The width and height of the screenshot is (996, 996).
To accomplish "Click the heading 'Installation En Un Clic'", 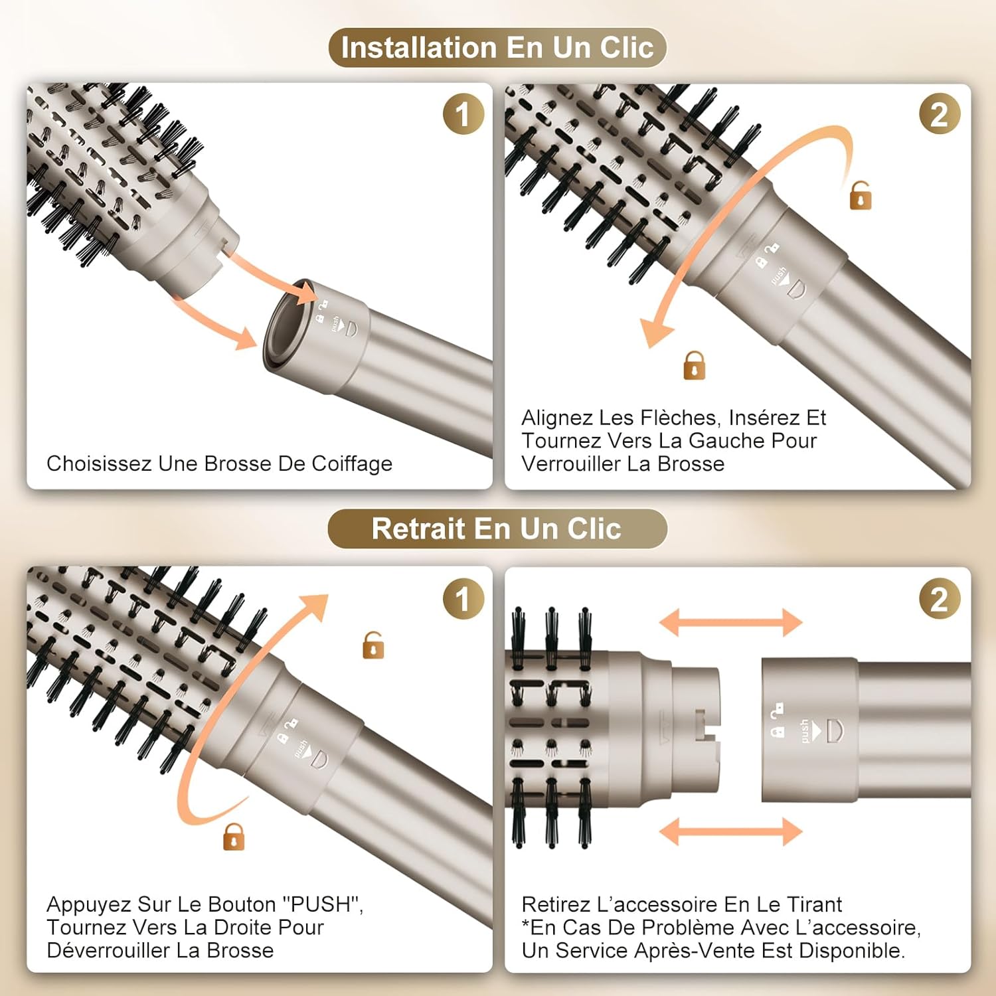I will (x=497, y=48).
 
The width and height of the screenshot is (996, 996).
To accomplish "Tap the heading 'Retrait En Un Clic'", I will (x=497, y=529).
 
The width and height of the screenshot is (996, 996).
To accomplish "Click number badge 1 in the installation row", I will (x=463, y=114).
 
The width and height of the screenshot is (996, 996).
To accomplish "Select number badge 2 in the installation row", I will (x=939, y=114).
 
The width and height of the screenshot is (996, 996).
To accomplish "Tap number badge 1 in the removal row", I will (x=463, y=599).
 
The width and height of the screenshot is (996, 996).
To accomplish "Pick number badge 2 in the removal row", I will (x=939, y=599).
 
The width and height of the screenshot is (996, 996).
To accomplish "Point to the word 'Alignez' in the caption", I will (x=556, y=418).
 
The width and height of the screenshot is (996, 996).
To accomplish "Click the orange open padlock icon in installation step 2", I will (x=861, y=196).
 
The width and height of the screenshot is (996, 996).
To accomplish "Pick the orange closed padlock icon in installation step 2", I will (x=695, y=366).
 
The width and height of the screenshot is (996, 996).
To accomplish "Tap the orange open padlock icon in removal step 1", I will (x=373, y=645).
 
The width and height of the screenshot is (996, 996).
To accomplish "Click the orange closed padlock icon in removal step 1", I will (x=234, y=837).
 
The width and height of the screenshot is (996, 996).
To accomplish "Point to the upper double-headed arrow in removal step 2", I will (x=730, y=622).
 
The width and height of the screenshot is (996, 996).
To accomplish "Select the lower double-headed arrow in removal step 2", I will (x=730, y=831).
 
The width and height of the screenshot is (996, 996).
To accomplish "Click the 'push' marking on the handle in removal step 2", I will (x=805, y=730).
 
